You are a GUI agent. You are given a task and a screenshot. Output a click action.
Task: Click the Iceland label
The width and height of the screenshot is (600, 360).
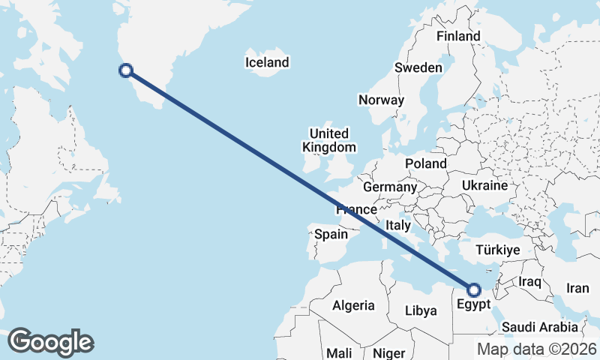(267, 62)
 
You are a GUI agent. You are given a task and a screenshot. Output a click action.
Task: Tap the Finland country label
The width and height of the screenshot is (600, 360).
(458, 36)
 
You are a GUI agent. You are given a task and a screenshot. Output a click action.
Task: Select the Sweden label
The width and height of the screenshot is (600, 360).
(418, 67)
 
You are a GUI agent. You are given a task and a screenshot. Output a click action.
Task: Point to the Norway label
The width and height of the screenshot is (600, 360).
(381, 100)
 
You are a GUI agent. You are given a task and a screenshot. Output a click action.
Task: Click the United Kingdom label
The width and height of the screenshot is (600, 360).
(329, 140)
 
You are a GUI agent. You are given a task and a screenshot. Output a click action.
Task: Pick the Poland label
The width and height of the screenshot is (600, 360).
(425, 163)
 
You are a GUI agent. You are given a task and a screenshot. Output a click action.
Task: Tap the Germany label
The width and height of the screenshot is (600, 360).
(389, 187)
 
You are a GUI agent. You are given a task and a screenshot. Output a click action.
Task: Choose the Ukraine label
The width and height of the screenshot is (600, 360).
(485, 184)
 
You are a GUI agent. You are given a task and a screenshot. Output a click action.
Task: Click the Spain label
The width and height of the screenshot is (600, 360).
(331, 234)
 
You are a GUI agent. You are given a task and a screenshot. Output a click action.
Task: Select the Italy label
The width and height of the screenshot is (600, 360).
(397, 225)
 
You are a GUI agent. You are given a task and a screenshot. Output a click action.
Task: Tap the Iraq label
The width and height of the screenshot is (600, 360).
(529, 281)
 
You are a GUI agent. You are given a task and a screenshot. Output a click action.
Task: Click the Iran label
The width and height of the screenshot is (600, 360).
(577, 288)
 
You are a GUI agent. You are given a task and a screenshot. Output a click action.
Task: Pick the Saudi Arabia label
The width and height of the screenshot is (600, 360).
(540, 327)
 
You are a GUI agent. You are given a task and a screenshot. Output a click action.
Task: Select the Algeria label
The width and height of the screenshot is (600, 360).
(353, 305)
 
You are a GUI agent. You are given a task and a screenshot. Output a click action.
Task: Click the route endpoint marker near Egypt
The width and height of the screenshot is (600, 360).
(474, 289)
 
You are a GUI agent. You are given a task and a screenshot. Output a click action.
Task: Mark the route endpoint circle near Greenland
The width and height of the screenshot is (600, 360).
(127, 70)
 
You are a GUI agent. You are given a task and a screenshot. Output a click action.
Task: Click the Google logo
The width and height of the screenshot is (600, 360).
(50, 342)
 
